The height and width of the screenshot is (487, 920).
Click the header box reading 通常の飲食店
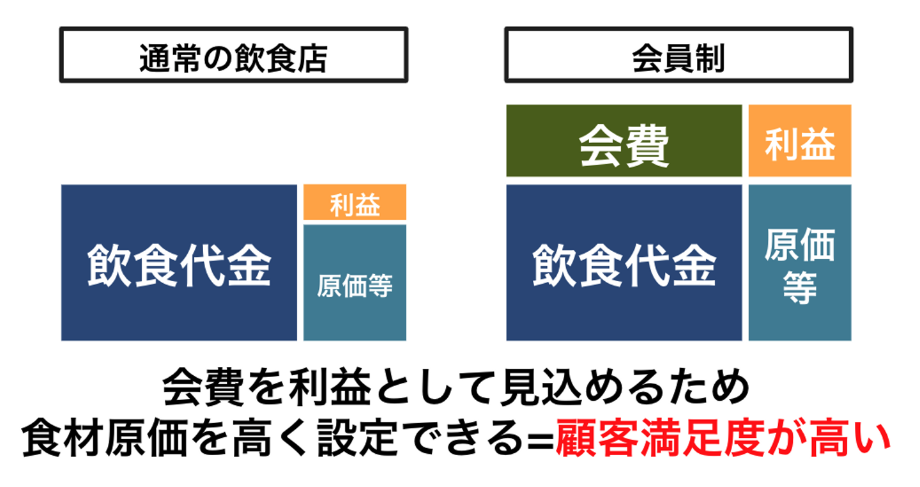pyautogui.click(x=233, y=55)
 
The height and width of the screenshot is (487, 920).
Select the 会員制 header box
pyautogui.click(x=678, y=55)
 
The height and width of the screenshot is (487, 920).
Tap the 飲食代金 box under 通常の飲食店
pyautogui.click(x=179, y=263)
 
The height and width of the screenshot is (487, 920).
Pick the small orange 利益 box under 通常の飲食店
pyautogui.click(x=355, y=203)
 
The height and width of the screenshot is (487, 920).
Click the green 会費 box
pyautogui.click(x=624, y=141)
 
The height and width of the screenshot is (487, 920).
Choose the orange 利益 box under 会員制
pyautogui.click(x=799, y=141)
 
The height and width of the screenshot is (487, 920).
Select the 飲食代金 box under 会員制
pyautogui.click(x=624, y=263)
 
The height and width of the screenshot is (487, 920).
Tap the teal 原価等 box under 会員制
pyautogui.click(x=799, y=263)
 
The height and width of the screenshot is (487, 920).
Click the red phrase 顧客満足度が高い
pyautogui.click(x=722, y=440)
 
